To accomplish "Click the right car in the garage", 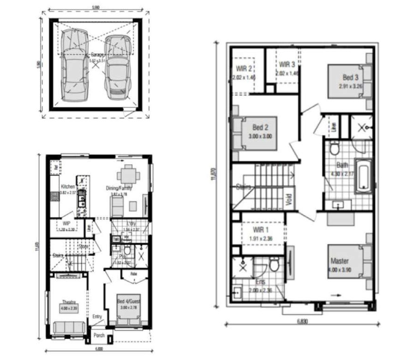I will pyautogui.click(x=118, y=67).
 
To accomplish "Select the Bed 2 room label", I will pyautogui.click(x=260, y=127).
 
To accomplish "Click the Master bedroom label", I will pyautogui.click(x=339, y=261).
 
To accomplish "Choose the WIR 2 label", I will pyautogui.click(x=244, y=69).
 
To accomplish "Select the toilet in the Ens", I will pyautogui.click(x=275, y=265).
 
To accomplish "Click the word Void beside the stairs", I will pyautogui.click(x=289, y=199).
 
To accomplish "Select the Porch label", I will pyautogui.click(x=99, y=335).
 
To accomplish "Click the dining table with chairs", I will pyautogui.click(x=128, y=175).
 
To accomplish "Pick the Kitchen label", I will pyautogui.click(x=67, y=187).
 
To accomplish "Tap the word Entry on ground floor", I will pyautogui.click(x=97, y=317).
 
